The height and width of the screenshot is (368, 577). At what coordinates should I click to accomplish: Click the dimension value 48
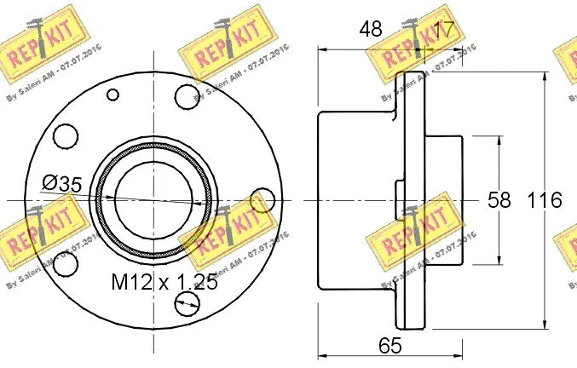[x=370, y=29]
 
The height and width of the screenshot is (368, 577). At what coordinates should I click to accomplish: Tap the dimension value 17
[x=441, y=29]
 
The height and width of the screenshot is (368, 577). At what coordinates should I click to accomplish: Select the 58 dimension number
[x=499, y=201]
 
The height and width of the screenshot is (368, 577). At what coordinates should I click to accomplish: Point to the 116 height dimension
[x=545, y=201]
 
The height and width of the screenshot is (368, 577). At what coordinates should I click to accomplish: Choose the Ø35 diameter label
[x=61, y=182]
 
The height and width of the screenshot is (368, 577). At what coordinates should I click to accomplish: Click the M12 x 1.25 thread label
[x=164, y=282]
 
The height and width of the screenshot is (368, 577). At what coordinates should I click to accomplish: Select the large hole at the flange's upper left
[x=64, y=135]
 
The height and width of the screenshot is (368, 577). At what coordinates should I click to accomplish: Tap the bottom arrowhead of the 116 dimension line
[x=543, y=321]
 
